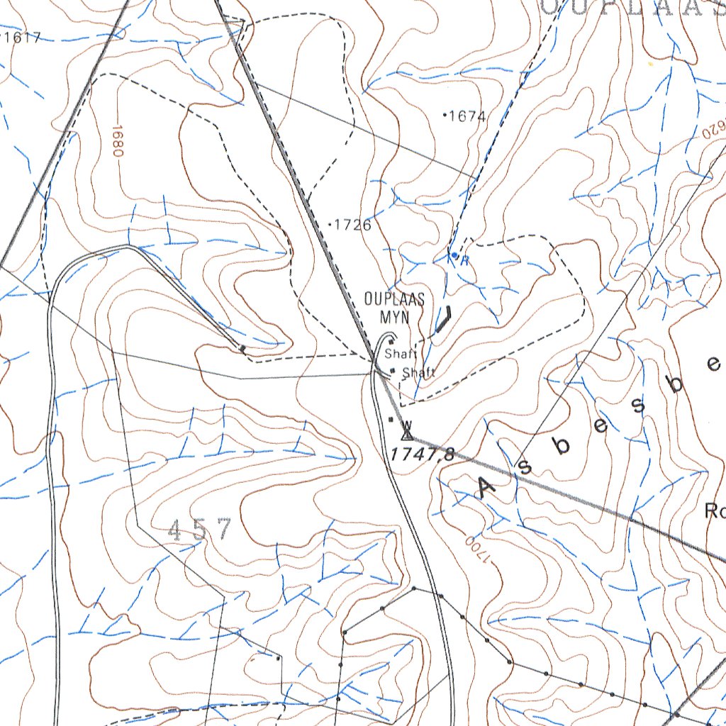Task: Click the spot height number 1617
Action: pyautogui.click(x=23, y=38)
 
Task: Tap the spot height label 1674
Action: pyautogui.click(x=468, y=116)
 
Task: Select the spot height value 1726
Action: pyautogui.click(x=353, y=225)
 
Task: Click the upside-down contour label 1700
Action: pyautogui.click(x=478, y=550)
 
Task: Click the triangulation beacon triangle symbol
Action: pyautogui.click(x=407, y=430)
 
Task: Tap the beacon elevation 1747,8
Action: pyautogui.click(x=421, y=455)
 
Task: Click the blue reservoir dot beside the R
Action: pyautogui.click(x=454, y=255)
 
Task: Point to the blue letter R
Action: pyautogui.click(x=464, y=260)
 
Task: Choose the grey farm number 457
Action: pyautogui.click(x=200, y=530)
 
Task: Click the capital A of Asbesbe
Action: pyautogui.click(x=488, y=488)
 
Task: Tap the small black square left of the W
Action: pyautogui.click(x=391, y=420)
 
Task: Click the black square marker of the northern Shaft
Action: pyautogui.click(x=391, y=341)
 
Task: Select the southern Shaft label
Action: pyautogui.click(x=418, y=373)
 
